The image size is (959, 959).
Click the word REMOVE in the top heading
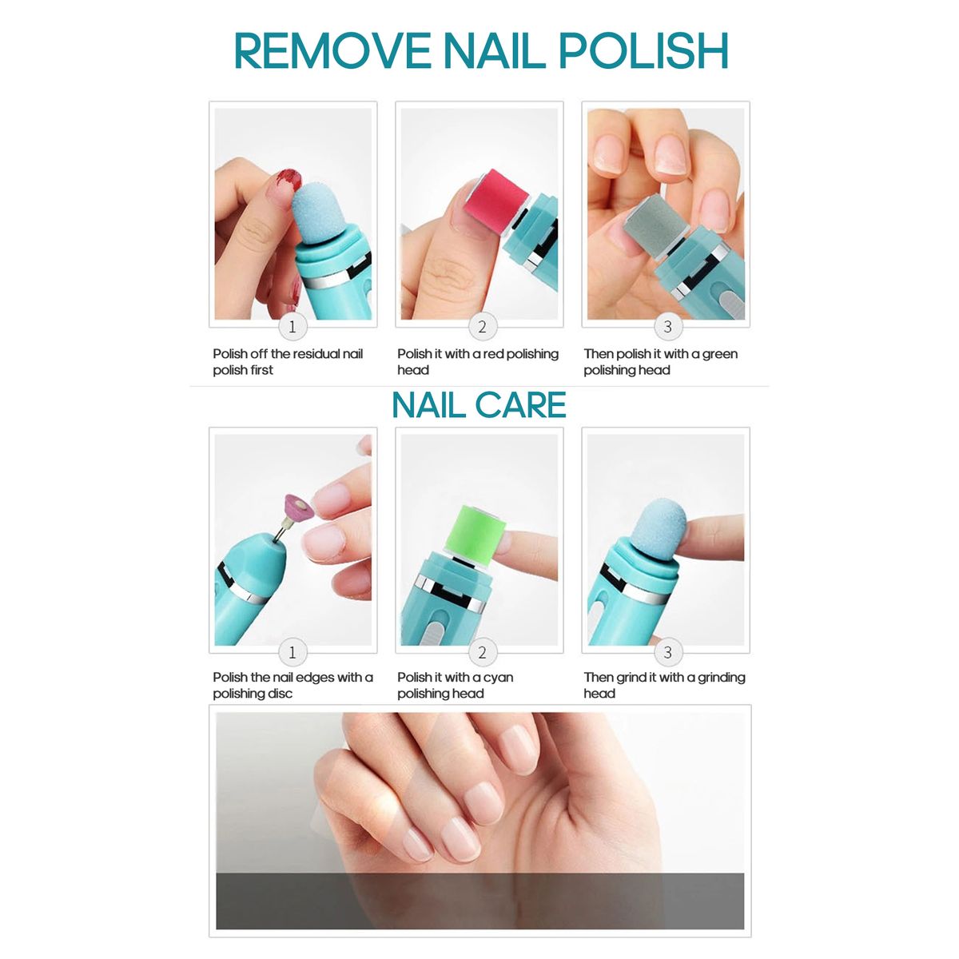click(x=332, y=51)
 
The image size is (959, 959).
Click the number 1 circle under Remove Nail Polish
click(x=292, y=327)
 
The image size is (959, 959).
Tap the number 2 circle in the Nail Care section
click(x=482, y=652)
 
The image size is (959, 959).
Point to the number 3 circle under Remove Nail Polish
click(x=668, y=327)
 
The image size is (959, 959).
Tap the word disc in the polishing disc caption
click(x=281, y=693)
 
